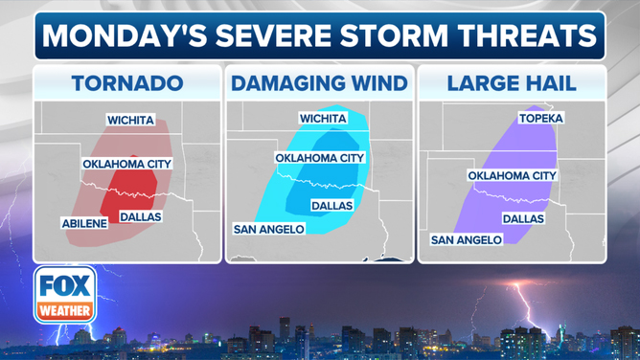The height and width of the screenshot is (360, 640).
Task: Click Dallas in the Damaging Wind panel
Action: tap(331, 206)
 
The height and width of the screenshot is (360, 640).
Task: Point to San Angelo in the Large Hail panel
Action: tap(466, 239)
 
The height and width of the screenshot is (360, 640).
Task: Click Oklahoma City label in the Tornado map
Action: tap(126, 164)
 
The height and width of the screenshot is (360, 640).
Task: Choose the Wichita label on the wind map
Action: tap(323, 119)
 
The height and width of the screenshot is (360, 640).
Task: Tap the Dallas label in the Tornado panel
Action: tap(140, 217)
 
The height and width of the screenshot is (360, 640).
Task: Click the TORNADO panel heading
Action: tap(127, 83)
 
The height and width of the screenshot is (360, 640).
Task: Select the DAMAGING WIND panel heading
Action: tap(319, 83)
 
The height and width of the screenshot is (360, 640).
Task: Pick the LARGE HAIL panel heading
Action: tap(511, 83)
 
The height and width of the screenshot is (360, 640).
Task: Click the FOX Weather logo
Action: tap(66, 295)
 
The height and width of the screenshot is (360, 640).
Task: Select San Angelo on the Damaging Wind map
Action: tap(269, 229)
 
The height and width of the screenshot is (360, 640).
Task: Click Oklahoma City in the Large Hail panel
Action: tap(512, 176)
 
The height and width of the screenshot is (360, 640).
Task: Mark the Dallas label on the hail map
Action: tap(523, 218)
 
